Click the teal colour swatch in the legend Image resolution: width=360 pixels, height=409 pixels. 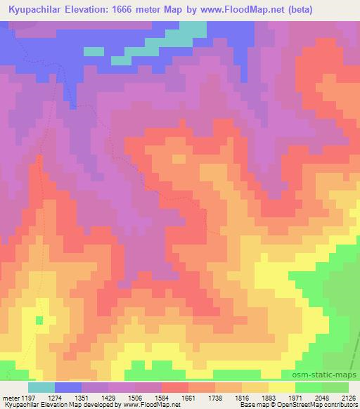click(x=41, y=387)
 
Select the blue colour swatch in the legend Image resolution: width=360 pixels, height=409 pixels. click(x=68, y=387)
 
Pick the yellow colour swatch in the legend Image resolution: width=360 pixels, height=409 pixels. click(x=282, y=387)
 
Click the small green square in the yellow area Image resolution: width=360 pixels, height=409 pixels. click(x=39, y=320)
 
